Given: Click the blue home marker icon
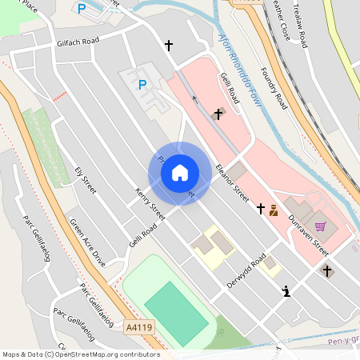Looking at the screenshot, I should click(179, 173).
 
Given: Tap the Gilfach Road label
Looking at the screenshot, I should click(78, 42).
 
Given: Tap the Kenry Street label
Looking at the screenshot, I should click(150, 204).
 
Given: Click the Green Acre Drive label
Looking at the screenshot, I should click(87, 242).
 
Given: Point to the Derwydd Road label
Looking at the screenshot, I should click(246, 271).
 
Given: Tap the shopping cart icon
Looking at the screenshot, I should click(321, 226).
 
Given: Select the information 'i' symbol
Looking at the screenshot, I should click(286, 292).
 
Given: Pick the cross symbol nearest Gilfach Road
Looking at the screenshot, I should click(168, 46).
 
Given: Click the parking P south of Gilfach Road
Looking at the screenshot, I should click(142, 84).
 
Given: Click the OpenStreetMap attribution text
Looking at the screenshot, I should click(80, 354).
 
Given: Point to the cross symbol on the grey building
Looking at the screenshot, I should click(218, 114).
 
